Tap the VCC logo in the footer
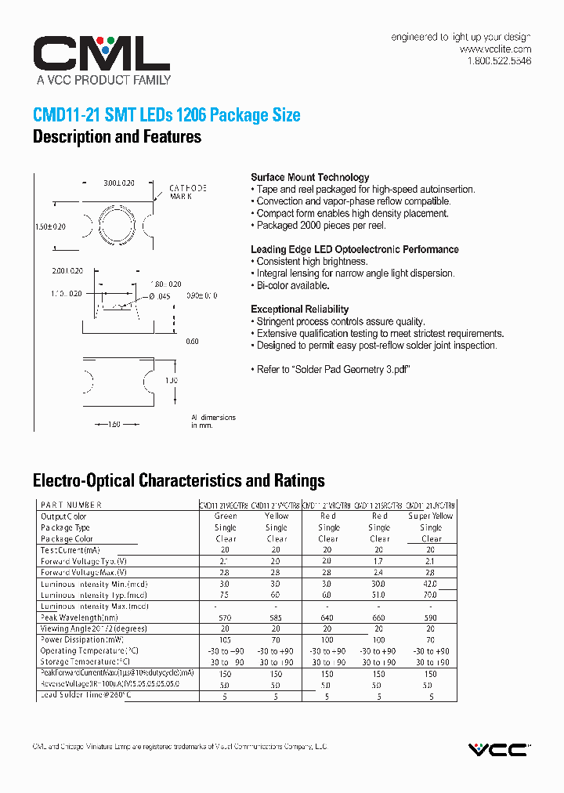(x=498, y=750)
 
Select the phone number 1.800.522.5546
(x=499, y=61)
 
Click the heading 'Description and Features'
(x=117, y=137)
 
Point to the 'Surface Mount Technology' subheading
(x=309, y=177)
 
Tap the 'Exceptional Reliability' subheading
(x=299, y=309)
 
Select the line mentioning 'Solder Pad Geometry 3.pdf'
(x=333, y=370)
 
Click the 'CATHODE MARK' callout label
(x=188, y=192)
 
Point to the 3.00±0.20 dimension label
(x=119, y=183)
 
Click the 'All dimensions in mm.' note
(x=212, y=422)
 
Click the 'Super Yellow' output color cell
(x=431, y=516)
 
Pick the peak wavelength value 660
(x=379, y=617)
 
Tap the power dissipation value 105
(x=226, y=640)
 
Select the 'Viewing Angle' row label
(x=94, y=628)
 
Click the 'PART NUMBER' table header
(x=71, y=505)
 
